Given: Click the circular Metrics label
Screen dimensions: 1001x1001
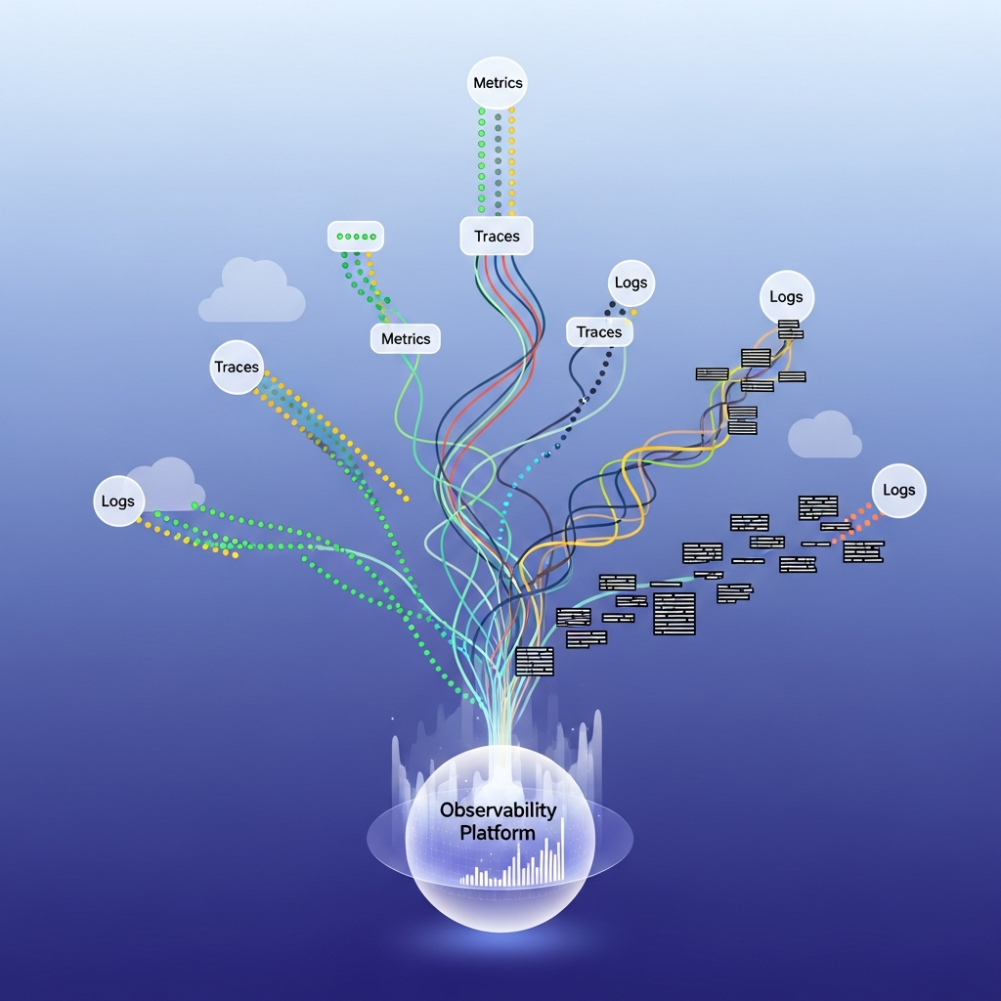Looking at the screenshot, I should click(x=498, y=83).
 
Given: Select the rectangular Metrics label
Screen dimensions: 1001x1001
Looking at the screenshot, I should click(x=406, y=338).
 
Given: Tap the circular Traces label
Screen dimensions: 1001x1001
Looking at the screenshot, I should click(x=237, y=368).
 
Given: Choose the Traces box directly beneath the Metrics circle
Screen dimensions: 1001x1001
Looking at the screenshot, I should click(x=497, y=236).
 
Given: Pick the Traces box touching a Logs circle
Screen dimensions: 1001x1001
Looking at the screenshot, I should click(x=599, y=332).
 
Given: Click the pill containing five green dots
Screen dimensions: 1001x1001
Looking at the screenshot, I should click(x=356, y=236).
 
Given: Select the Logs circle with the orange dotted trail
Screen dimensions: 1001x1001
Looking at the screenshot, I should click(x=898, y=490).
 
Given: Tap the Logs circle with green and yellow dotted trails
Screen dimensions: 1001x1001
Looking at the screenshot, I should click(x=117, y=501).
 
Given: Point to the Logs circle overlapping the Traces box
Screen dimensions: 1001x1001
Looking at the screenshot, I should click(x=631, y=283).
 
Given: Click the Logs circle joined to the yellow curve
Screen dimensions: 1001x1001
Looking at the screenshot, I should click(x=786, y=297).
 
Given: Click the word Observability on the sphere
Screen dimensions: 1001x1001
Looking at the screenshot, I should click(x=498, y=810).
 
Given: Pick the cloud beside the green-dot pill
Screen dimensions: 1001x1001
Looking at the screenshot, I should click(x=252, y=293).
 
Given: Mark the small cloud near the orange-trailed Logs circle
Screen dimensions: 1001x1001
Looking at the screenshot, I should click(x=825, y=435).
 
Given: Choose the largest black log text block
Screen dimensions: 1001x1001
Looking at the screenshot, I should click(x=675, y=613).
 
